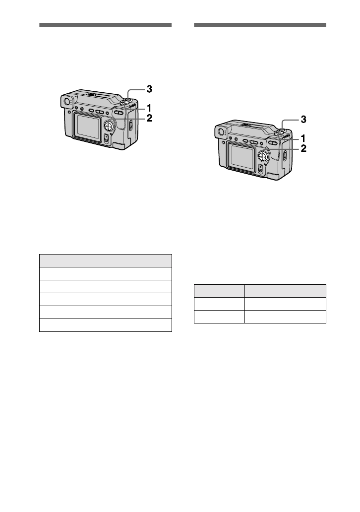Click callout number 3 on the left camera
click(149, 89)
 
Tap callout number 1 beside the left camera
click(149, 108)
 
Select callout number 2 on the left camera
click(149, 118)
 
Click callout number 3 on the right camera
click(303, 120)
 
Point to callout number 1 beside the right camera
click(303, 138)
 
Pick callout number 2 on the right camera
click(303, 148)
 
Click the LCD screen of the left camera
click(88, 126)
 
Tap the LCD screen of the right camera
click(242, 156)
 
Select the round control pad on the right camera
click(263, 156)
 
